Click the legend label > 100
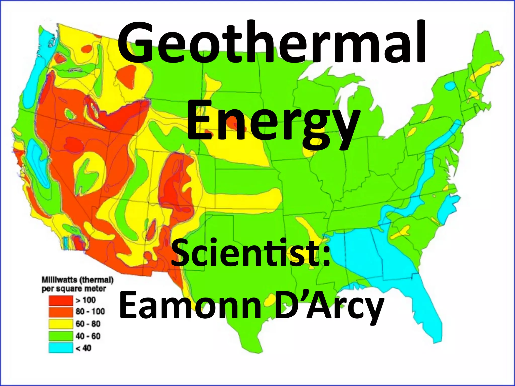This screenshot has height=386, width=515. point(86,300)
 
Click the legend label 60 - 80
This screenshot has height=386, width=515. point(88,324)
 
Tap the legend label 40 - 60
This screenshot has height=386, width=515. point(88,336)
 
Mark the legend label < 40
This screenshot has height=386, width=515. point(83,348)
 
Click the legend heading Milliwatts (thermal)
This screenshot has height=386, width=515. point(77,280)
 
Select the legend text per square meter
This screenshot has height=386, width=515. point(74,289)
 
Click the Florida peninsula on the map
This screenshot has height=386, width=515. point(427,314)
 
